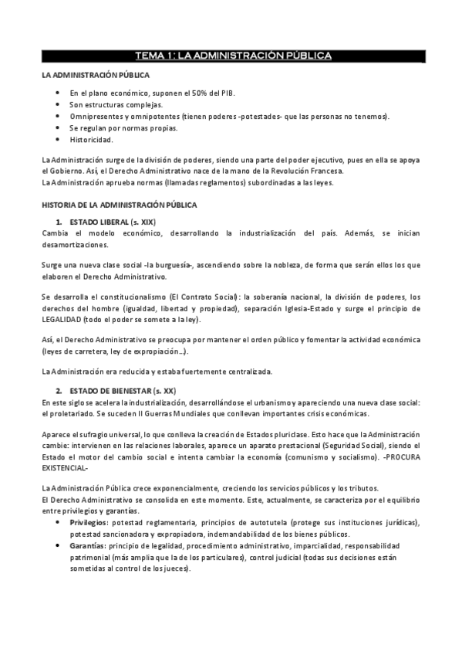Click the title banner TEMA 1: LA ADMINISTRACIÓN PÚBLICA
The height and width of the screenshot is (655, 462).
pyautogui.click(x=233, y=56)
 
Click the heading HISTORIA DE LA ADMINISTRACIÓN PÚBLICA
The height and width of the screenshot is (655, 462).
pyautogui.click(x=119, y=205)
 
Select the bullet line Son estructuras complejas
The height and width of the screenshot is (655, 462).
pyautogui.click(x=116, y=104)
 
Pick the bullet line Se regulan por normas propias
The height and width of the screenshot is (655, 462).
pyautogui.click(x=123, y=127)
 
